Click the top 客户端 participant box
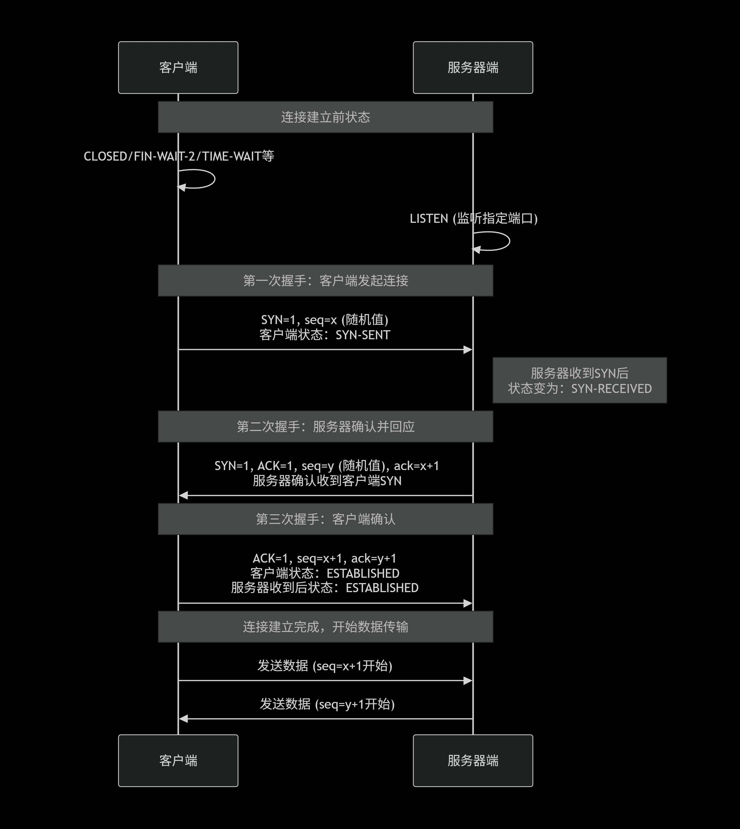coord(178,68)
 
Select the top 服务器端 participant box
coord(473,68)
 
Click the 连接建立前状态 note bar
coord(325,117)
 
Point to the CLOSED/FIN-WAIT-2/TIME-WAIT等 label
coord(179,156)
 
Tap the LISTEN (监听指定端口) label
coord(474,219)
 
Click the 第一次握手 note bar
coord(325,280)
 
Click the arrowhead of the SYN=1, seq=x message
coord(468,350)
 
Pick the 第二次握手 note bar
coord(325,426)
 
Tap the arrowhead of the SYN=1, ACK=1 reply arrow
coord(183,495)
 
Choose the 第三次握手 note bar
coord(325,519)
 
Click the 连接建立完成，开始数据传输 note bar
coord(325,627)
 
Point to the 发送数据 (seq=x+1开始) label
coord(325,666)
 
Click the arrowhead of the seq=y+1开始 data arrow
coord(183,719)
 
